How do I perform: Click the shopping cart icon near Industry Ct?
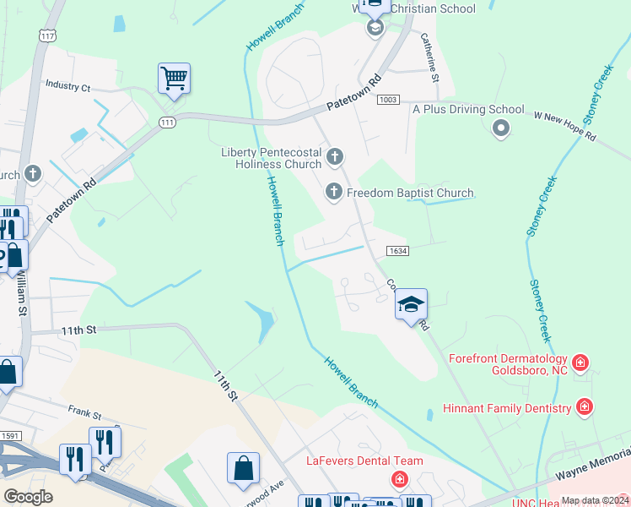(174, 79)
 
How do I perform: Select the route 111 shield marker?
(168, 123)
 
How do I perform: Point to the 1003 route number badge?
(389, 100)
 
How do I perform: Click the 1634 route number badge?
(398, 251)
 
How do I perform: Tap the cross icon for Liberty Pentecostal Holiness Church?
(335, 156)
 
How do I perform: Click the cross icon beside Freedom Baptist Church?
(334, 193)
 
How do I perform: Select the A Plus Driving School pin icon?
(500, 128)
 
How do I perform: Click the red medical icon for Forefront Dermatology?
(580, 364)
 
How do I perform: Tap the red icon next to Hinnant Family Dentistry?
(585, 407)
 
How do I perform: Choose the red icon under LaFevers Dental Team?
(398, 480)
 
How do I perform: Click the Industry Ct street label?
(67, 85)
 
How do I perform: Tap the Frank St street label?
(84, 416)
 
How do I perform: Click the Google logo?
(28, 497)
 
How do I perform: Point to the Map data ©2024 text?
(594, 500)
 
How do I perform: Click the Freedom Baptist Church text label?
(410, 193)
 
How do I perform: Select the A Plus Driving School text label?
(467, 109)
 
